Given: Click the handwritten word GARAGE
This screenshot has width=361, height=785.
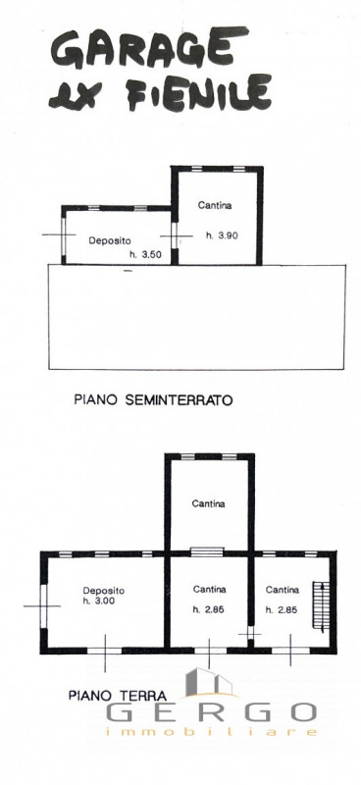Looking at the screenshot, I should coord(143,49).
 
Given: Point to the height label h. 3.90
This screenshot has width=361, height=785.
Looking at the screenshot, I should coord(222,235).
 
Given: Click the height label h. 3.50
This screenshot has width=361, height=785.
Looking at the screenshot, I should coord(146,256).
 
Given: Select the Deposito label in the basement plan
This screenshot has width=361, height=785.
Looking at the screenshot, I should coord(110,240).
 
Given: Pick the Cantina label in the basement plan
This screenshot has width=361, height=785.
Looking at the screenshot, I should coord(215,206).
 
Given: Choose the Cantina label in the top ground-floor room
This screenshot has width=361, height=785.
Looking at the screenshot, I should coord(208,504).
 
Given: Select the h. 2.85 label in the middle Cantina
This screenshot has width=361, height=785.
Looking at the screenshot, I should coord(208,609).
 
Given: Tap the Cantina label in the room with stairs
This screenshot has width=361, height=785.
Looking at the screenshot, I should coord(282,590).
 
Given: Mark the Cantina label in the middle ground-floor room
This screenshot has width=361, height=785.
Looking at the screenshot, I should coord(208,590).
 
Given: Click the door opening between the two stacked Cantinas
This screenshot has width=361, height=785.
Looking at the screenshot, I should coord(208,551).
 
